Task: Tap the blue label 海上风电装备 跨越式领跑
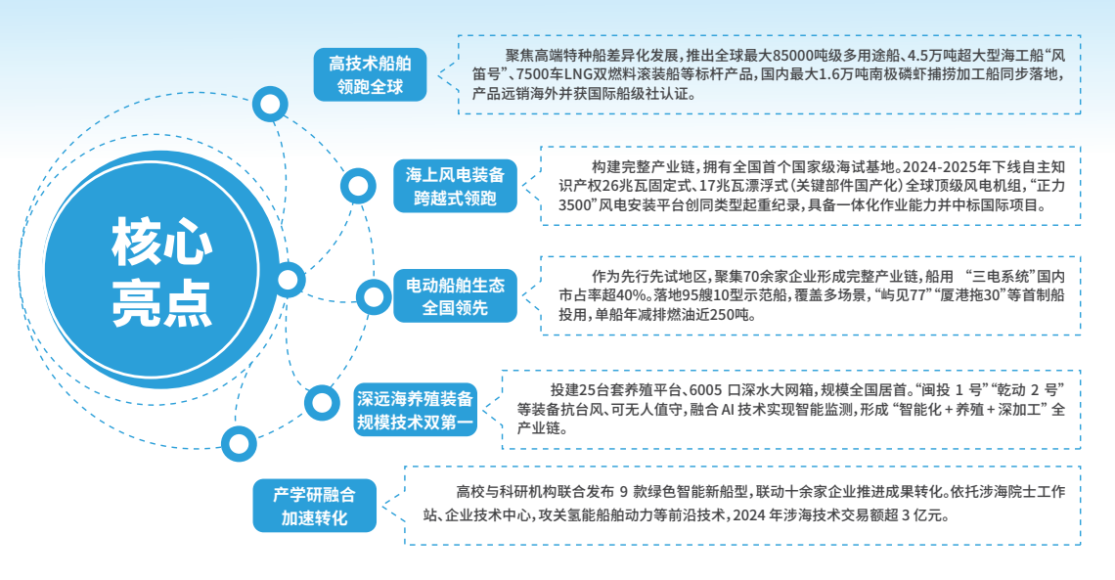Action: pyautogui.click(x=456, y=187)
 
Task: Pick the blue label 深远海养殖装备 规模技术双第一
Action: pyautogui.click(x=415, y=411)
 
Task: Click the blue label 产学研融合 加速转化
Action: pyautogui.click(x=314, y=506)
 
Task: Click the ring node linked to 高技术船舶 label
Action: pyautogui.click(x=269, y=104)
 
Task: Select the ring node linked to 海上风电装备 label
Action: pyautogui.click(x=357, y=184)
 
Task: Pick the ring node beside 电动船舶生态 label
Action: pyautogui.click(x=373, y=294)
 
